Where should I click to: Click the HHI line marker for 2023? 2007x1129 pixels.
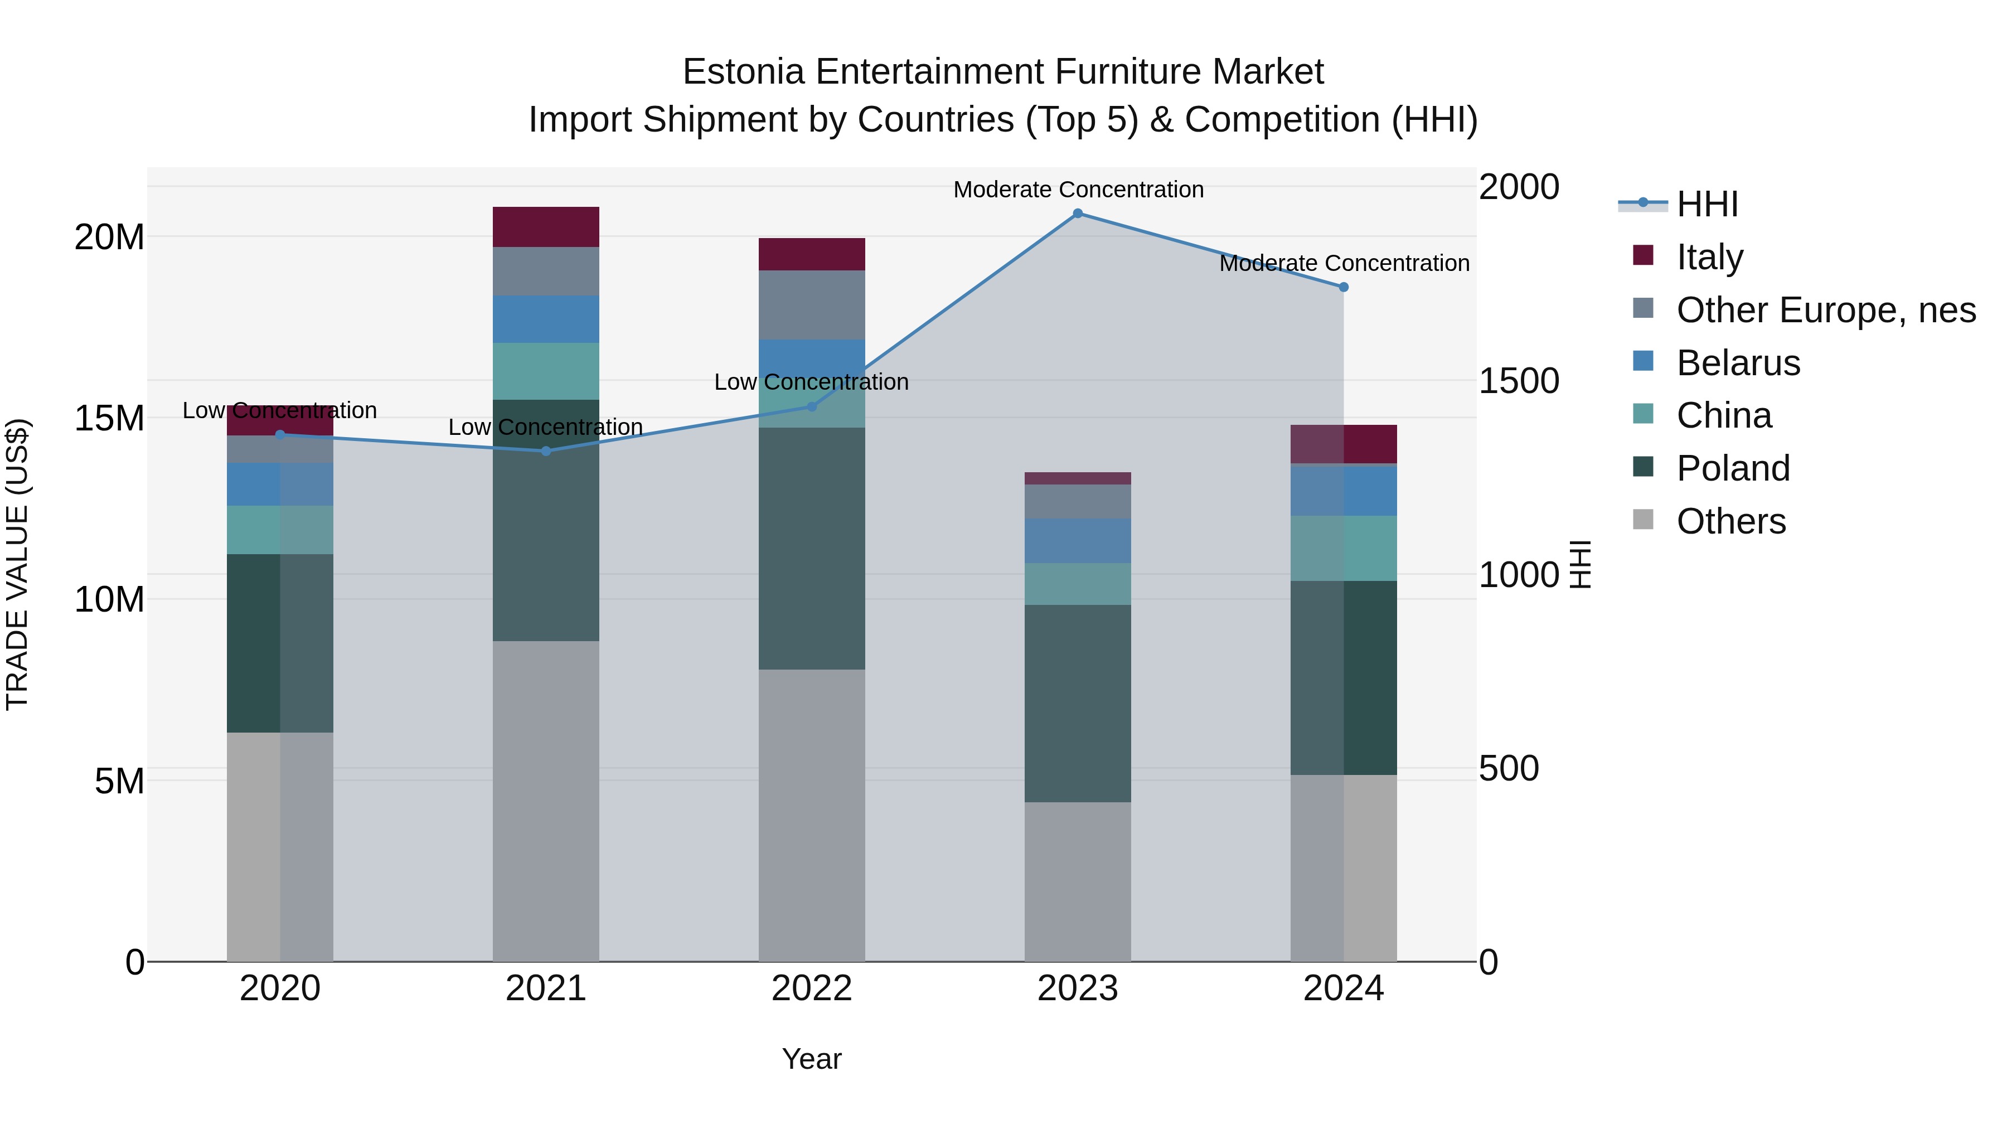click(x=1078, y=214)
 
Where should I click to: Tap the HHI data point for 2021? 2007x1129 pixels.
click(x=545, y=451)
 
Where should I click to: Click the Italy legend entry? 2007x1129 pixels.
click(x=1709, y=257)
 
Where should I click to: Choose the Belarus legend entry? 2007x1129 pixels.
click(x=1737, y=363)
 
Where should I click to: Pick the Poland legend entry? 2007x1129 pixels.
click(x=1733, y=468)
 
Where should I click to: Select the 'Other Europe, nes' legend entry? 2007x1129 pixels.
click(x=1825, y=310)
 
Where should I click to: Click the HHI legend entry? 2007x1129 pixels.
click(x=1707, y=204)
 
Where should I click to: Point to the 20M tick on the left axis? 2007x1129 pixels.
click(x=109, y=237)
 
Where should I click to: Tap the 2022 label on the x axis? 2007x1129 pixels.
click(x=811, y=989)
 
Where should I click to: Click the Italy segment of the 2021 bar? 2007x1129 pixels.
click(x=545, y=227)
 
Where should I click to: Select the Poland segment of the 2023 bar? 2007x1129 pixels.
click(x=1078, y=703)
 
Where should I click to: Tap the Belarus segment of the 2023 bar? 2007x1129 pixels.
click(x=1078, y=541)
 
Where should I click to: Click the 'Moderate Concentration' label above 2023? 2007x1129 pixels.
click(x=1078, y=190)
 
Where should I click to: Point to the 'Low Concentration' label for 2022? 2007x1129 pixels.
click(x=811, y=382)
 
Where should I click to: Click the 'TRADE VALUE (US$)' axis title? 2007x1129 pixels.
click(x=17, y=564)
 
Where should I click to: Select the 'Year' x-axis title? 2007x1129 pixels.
click(x=811, y=1059)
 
